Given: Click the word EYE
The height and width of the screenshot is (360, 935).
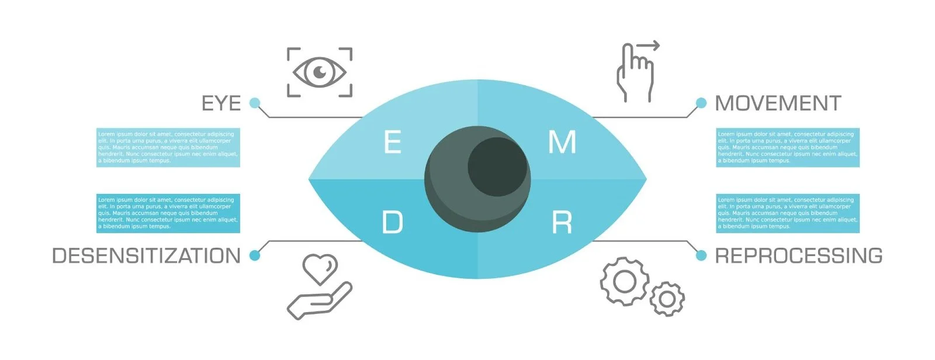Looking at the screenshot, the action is (x=221, y=103).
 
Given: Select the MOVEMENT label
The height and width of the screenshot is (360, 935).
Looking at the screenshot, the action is (x=778, y=103).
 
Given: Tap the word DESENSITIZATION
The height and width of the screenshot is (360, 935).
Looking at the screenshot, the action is (x=146, y=256).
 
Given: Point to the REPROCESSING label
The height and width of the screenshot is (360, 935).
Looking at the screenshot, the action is (x=798, y=256).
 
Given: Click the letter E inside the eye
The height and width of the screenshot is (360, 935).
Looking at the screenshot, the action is (x=393, y=143).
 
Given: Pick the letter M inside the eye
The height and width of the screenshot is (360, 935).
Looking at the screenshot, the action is (x=562, y=143).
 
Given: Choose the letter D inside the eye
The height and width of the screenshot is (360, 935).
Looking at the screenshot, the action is (x=393, y=223).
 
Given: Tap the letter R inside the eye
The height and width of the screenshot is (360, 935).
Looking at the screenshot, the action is (x=562, y=223).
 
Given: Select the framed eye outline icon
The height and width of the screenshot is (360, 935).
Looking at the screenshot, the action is (x=320, y=72).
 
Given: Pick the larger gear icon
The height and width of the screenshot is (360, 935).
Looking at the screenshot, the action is (x=624, y=282).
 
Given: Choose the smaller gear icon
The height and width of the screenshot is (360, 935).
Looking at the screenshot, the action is (x=667, y=299).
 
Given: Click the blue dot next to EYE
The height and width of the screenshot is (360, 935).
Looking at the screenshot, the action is (x=254, y=103).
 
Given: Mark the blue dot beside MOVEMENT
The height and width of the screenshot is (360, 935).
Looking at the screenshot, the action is (x=701, y=103).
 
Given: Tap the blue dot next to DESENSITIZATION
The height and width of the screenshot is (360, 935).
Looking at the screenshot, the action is (x=254, y=255).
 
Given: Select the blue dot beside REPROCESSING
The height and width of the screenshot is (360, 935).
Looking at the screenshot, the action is (x=701, y=255).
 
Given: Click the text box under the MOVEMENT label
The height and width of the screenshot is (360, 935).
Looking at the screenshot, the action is (x=788, y=147).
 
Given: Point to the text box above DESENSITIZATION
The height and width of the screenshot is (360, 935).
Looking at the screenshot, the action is (x=168, y=213).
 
